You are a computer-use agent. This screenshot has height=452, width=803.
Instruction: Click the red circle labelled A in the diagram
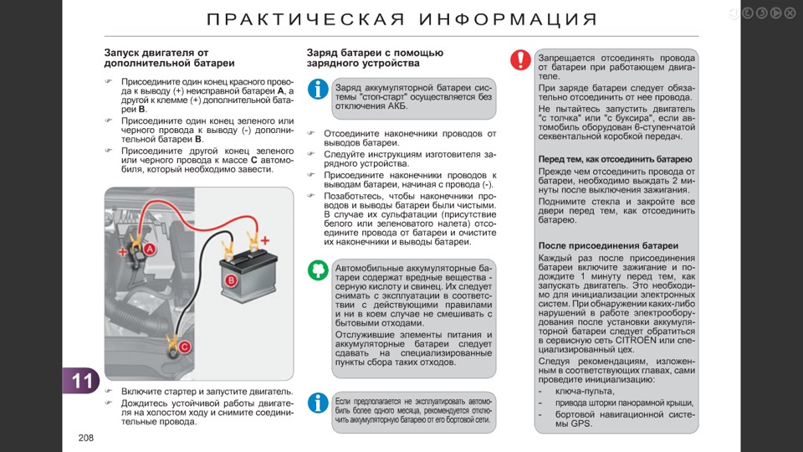tap(149, 249)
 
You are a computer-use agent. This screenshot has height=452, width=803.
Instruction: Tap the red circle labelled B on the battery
tap(231, 280)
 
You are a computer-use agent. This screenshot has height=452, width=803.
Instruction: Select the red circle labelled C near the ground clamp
tap(184, 347)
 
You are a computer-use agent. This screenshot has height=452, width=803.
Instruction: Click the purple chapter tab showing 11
tap(81, 381)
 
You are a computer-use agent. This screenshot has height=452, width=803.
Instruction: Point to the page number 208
tap(86, 438)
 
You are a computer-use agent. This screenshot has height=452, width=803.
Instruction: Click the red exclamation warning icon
tap(520, 60)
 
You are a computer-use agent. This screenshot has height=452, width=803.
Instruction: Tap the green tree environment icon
tap(318, 270)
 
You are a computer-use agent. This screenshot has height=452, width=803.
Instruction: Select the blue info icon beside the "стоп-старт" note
tap(318, 90)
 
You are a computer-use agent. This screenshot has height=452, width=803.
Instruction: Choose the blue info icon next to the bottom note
tap(318, 403)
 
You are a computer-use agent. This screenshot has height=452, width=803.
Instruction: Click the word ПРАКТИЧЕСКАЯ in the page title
tap(306, 19)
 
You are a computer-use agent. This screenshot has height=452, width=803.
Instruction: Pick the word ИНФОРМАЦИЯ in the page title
tap(509, 19)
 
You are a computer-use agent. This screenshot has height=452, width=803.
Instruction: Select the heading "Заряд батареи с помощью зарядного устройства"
tap(375, 58)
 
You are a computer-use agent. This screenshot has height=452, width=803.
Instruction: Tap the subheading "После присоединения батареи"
tap(608, 245)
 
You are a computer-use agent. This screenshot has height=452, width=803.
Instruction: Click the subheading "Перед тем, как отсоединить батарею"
tap(615, 159)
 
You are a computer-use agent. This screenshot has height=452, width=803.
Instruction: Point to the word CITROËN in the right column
tap(636, 341)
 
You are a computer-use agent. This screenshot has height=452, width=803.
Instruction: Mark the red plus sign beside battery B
tap(265, 240)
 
